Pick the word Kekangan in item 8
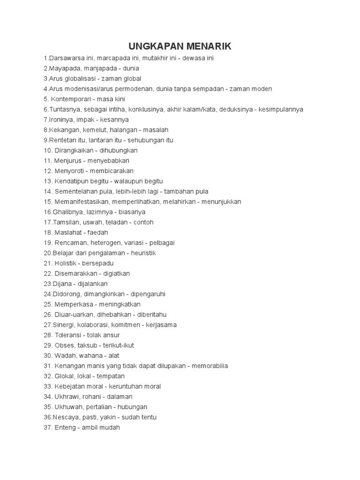coord(62,130)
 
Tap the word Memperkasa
coord(71,304)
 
